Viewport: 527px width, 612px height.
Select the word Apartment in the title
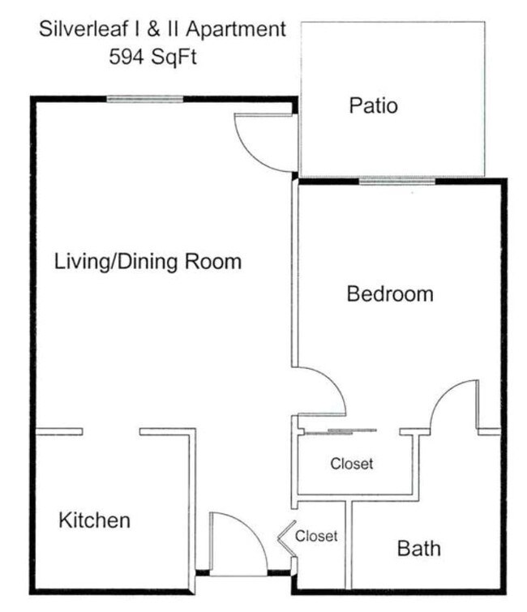pos(238,30)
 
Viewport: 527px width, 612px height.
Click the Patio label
pos(373,105)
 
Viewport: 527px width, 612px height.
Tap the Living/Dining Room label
pos(148,262)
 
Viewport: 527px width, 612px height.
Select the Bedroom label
pos(389,293)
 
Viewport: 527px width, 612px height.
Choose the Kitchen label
pos(94,520)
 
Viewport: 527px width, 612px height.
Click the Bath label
pos(418,549)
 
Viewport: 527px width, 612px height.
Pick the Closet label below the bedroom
pos(352,464)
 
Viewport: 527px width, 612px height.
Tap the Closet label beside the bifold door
pos(316,536)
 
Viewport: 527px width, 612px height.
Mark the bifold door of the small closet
pos(286,536)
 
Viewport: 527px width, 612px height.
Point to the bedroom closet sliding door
pos(339,430)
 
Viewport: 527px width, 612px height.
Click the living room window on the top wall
pos(145,100)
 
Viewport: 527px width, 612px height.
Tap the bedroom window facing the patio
pos(397,182)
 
